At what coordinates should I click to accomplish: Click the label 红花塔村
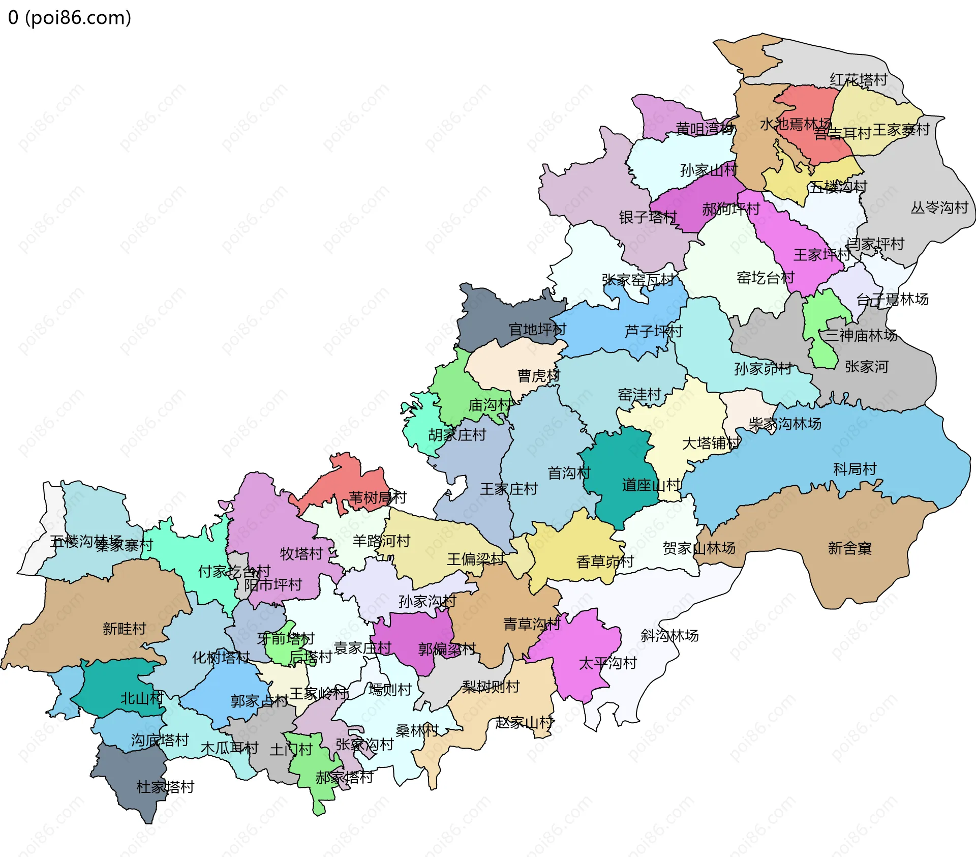tap(859, 80)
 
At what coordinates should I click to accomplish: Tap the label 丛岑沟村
tap(939, 208)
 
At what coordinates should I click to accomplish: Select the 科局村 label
tap(855, 469)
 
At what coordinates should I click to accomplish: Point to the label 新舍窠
tap(850, 548)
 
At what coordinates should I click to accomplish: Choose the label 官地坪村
tap(537, 330)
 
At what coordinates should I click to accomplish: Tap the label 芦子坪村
tap(653, 332)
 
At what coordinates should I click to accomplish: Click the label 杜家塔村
tap(165, 787)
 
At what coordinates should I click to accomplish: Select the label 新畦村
tap(124, 629)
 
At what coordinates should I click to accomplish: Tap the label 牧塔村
tap(301, 554)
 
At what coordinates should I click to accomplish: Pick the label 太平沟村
tap(607, 663)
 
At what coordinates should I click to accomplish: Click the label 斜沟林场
tap(669, 636)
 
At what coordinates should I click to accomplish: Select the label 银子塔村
tap(648, 218)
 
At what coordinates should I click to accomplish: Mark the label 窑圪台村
tap(765, 278)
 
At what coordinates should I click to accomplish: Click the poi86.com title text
tap(70, 18)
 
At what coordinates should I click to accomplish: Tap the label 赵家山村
tap(525, 722)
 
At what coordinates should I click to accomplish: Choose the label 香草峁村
tap(605, 562)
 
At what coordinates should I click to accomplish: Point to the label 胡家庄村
tap(457, 435)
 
